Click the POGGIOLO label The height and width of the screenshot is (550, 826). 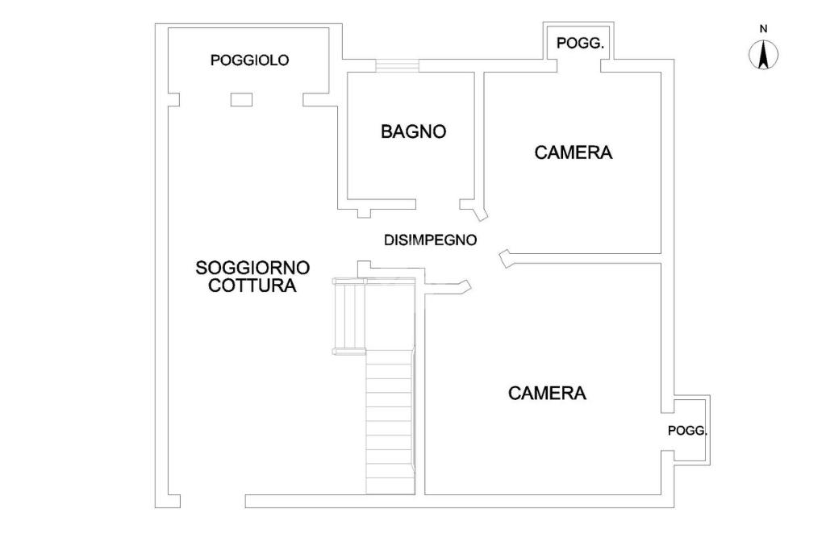(x=249, y=60)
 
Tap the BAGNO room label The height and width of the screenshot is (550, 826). (x=413, y=131)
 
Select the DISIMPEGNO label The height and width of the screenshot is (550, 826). (x=430, y=240)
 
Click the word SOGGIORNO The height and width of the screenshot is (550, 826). (x=252, y=267)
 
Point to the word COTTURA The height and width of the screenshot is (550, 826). (x=252, y=285)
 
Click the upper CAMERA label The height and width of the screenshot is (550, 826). (x=574, y=152)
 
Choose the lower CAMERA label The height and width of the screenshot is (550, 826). (x=547, y=394)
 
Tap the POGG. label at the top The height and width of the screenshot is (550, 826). (x=580, y=44)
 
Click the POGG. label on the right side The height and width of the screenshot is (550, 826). (x=687, y=431)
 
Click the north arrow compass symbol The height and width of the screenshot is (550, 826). (x=763, y=55)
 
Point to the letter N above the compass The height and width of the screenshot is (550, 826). (x=763, y=29)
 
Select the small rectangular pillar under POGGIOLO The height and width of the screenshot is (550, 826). (x=241, y=99)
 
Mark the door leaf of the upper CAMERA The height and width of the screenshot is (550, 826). (x=506, y=258)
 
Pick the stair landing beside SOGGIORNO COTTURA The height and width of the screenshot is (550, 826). (x=351, y=315)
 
